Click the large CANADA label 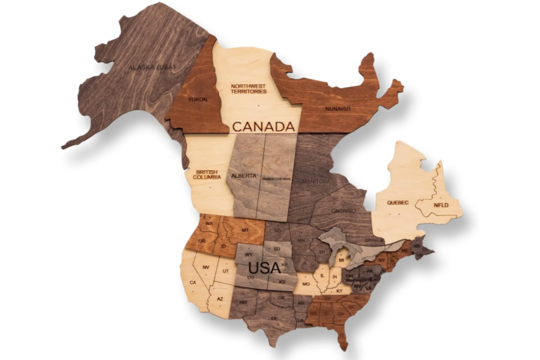point(263,126)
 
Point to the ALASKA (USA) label point(152,67)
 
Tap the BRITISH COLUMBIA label point(208,174)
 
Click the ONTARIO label point(343,210)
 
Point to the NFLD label point(441,205)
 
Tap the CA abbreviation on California point(193,282)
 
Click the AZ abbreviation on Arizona point(219,298)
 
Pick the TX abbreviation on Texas point(273,316)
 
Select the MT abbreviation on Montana point(246,230)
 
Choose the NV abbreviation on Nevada point(206,267)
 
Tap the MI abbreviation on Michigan point(342,260)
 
